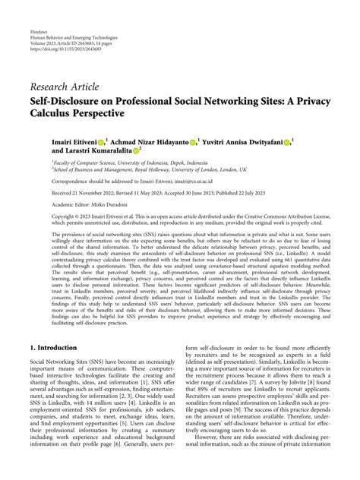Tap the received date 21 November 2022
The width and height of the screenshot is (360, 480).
pyautogui.click(x=79, y=194)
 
